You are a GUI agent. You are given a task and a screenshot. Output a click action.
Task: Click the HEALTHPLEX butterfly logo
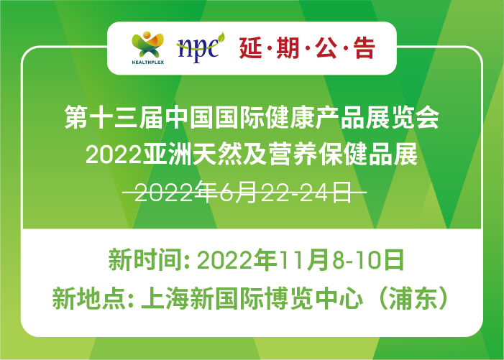coord(148,47)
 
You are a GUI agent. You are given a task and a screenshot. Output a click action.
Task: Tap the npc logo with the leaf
coord(201,47)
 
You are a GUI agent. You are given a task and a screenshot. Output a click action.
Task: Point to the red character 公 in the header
coord(326,48)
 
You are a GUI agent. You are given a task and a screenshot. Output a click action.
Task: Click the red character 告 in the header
coord(365,48)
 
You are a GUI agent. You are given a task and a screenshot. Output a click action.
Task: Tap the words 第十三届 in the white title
coord(114,117)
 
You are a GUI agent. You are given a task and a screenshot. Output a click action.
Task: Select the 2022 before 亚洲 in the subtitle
coord(114,154)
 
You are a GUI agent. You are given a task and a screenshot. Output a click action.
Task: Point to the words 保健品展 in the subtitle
coord(368,154)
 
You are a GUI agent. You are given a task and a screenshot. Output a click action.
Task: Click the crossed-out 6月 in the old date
coord(238,193)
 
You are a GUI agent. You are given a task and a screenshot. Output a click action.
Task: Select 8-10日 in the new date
coord(368,260)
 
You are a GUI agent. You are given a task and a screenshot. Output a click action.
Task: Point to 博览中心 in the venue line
coord(313,298)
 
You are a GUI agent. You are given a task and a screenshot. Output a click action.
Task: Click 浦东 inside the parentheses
coord(413,298)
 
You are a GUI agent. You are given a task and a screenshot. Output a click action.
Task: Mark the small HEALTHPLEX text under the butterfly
coord(148,63)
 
